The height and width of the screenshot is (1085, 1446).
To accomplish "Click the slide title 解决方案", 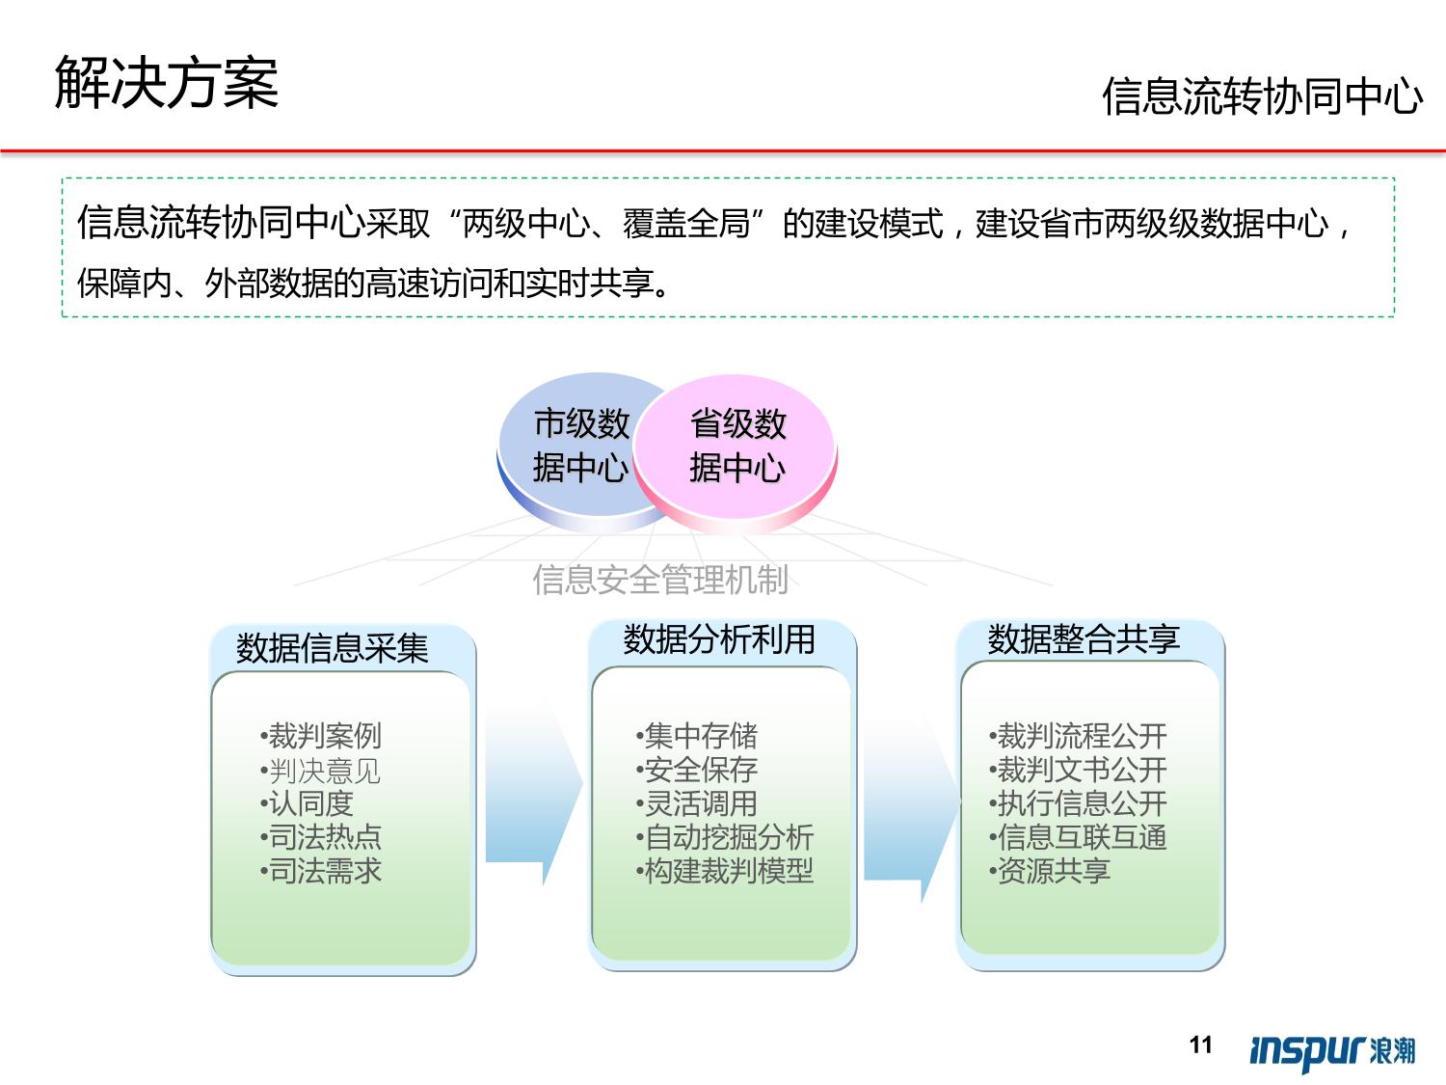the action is pyautogui.click(x=167, y=82).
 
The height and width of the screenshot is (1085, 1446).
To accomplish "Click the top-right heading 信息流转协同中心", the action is pyautogui.click(x=1262, y=96).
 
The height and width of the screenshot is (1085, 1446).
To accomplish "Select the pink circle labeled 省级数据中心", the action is pyautogui.click(x=736, y=453).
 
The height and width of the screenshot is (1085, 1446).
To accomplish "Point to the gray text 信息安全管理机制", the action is pyautogui.click(x=660, y=580).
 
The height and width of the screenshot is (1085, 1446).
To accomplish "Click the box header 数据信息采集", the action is pyautogui.click(x=333, y=648).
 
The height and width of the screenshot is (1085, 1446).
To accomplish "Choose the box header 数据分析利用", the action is pyautogui.click(x=719, y=639).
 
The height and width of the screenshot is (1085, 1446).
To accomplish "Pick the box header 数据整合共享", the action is pyautogui.click(x=1084, y=639).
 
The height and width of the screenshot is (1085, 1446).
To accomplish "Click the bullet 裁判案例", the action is pyautogui.click(x=321, y=735).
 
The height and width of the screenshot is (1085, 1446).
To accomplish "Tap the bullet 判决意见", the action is pyautogui.click(x=321, y=770).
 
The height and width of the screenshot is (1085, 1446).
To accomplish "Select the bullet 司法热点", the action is pyautogui.click(x=321, y=837).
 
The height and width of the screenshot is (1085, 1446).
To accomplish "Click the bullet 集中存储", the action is pyautogui.click(x=697, y=736).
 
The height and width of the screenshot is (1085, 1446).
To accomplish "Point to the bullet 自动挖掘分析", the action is pyautogui.click(x=725, y=837).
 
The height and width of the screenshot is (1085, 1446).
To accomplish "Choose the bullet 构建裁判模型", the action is pyautogui.click(x=725, y=871).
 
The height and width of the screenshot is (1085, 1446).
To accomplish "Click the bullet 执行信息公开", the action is pyautogui.click(x=1078, y=803).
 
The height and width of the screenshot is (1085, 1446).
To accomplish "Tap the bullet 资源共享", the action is pyautogui.click(x=1050, y=871).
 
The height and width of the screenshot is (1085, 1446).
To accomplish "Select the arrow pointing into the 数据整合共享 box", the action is pyautogui.click(x=912, y=803).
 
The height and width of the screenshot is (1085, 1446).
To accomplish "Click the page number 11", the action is pyautogui.click(x=1201, y=1044).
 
